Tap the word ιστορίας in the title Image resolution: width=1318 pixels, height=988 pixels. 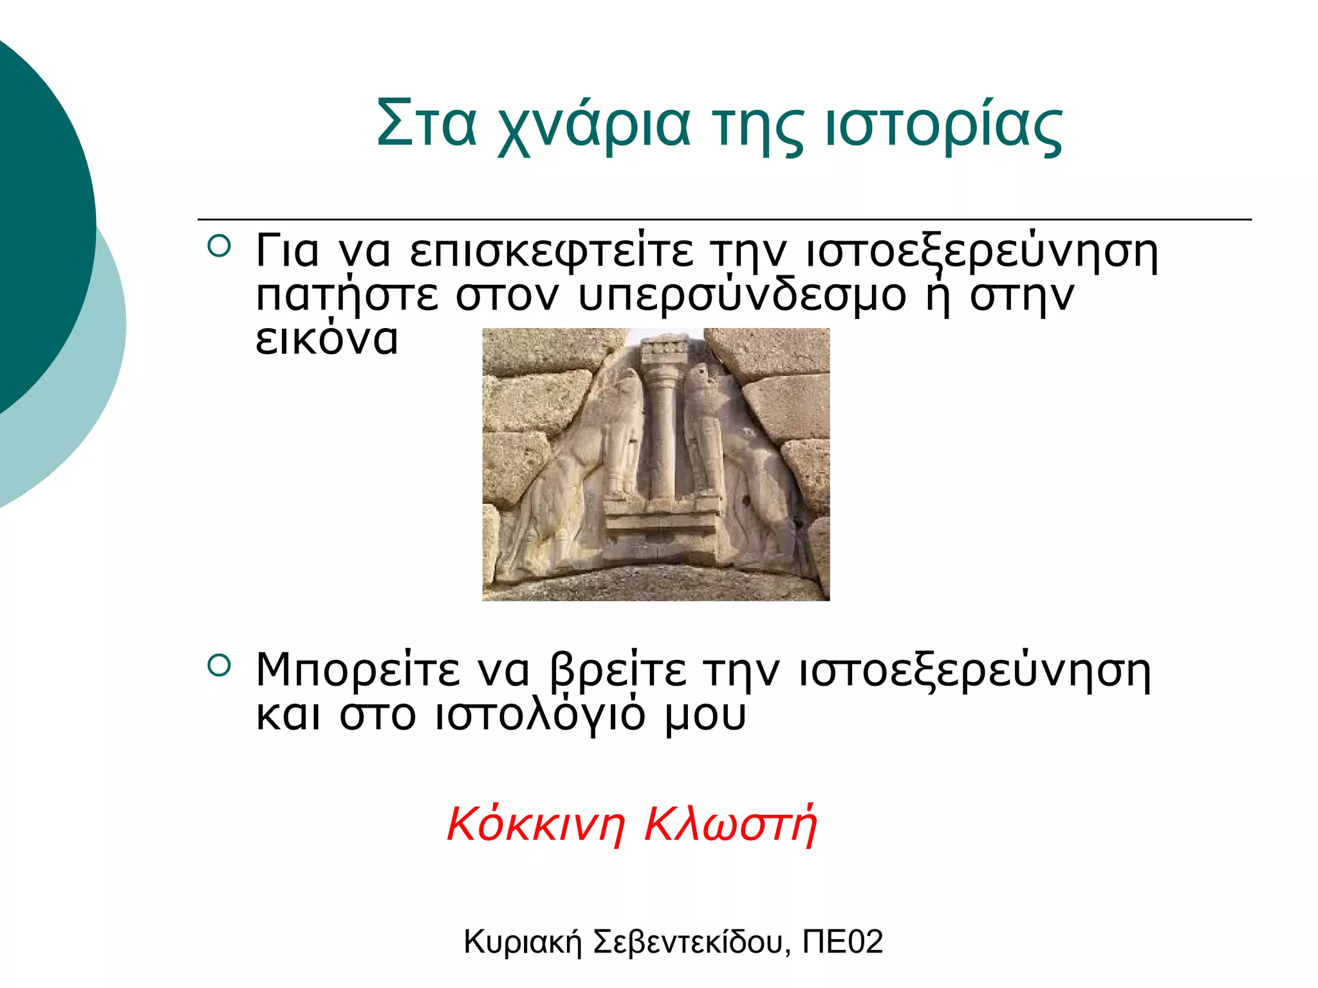pos(943,125)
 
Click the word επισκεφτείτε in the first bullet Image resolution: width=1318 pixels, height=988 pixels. pos(552,252)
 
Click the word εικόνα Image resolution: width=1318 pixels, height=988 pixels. pos(327,339)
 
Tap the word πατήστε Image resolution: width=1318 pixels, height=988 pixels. pos(347,296)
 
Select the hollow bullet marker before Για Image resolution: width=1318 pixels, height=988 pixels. pos(219,247)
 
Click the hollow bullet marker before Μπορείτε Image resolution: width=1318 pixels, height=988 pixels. pos(219,666)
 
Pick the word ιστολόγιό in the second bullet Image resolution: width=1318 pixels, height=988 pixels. pos(540,715)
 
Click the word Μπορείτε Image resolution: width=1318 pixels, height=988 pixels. pos(357,670)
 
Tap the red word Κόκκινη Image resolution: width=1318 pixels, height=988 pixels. pos(535,824)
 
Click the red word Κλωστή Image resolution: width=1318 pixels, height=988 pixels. pos(730,824)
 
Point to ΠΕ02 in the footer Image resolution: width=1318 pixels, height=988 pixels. pos(842,942)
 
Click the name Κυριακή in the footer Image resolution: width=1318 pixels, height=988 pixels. pos(522,942)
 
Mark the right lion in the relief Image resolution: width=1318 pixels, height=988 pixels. pos(740,463)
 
